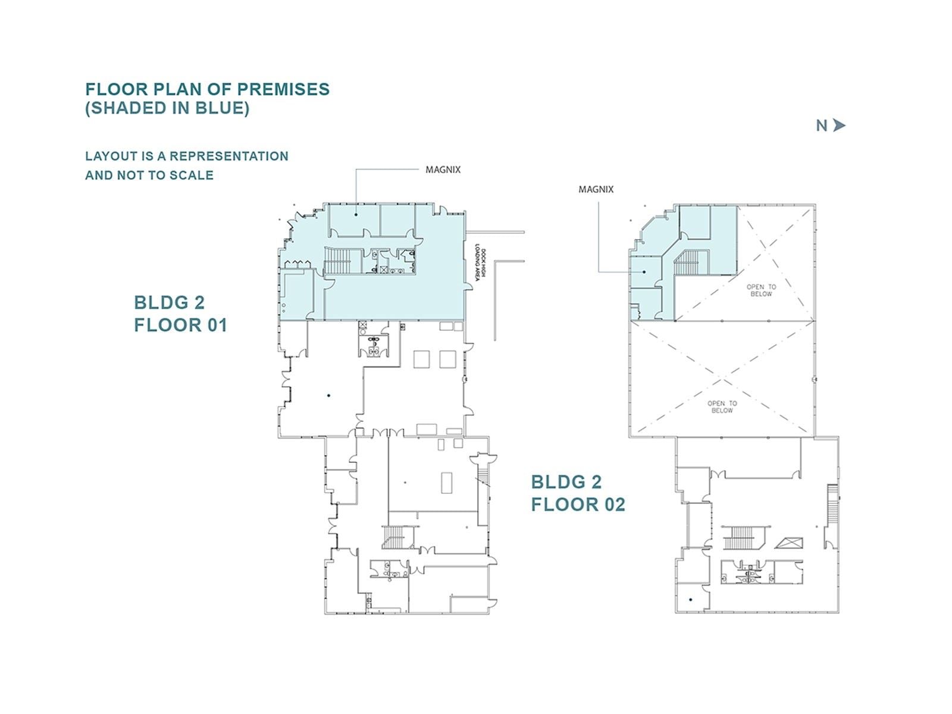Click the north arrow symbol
[839, 126]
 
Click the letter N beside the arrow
[822, 126]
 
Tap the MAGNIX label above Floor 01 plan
[443, 170]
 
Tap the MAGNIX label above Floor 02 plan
[596, 189]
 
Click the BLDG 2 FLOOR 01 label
[180, 314]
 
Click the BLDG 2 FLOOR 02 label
[577, 493]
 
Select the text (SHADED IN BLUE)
[167, 108]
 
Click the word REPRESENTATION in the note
[229, 156]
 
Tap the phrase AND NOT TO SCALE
[149, 176]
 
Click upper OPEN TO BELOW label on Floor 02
[761, 290]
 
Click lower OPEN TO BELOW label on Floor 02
[722, 407]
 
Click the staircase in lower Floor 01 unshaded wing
[394, 537]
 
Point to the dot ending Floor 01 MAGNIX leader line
[356, 214]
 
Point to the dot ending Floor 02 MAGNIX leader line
[644, 272]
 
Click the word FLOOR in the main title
[116, 89]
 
